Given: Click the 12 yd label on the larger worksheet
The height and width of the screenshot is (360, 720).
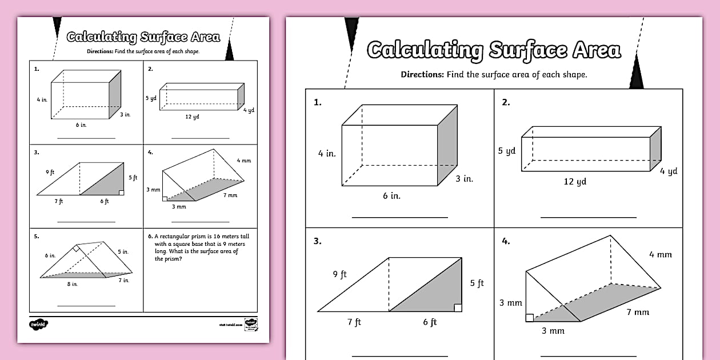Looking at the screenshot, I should tap(574, 182).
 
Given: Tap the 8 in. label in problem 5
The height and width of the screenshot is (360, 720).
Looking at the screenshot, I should tap(72, 284).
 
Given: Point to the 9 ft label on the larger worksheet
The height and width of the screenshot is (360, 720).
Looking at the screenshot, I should tap(339, 275).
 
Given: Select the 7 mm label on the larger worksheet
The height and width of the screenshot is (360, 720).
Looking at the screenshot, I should tap(638, 312).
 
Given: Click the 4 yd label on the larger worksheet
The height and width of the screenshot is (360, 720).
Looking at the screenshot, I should tap(669, 171).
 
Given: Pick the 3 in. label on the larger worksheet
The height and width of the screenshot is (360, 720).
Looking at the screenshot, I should tap(465, 179).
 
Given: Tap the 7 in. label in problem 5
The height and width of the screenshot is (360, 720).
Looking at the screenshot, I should tap(124, 280).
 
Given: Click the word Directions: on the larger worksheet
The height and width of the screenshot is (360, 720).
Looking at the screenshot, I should tap(422, 74).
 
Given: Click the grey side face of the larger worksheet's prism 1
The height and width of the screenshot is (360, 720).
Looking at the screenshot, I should tap(447, 145).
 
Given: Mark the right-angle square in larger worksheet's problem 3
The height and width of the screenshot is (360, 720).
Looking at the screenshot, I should tap(458, 308).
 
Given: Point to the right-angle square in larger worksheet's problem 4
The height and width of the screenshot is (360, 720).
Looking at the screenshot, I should tap(530, 318).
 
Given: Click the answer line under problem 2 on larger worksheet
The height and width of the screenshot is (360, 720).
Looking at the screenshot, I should tap(588, 217).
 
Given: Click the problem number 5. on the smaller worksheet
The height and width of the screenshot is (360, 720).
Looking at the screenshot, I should tap(36, 235).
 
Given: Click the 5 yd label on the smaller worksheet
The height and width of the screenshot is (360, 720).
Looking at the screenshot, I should tap(151, 98).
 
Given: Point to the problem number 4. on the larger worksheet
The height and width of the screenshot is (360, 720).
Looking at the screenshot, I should tap(506, 241).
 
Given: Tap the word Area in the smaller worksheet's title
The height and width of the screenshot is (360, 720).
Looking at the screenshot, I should tap(203, 38).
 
